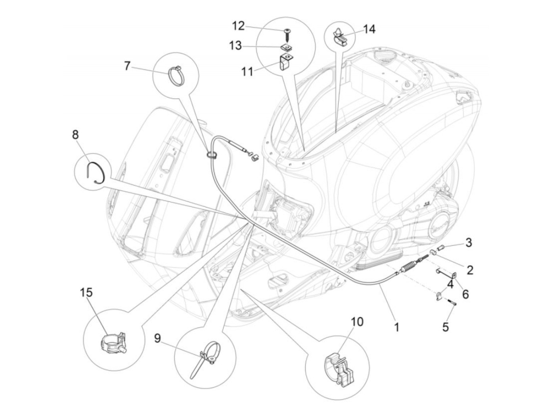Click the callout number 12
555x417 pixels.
coord(238,26)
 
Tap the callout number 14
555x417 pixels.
coord(369,29)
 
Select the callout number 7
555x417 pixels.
coord(127,67)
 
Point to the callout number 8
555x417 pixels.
coord(76,135)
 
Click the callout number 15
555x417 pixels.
coord(86,293)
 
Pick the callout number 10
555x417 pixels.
coord(357,322)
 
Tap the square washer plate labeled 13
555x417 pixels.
coord(286,47)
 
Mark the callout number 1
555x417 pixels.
coord(396,327)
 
